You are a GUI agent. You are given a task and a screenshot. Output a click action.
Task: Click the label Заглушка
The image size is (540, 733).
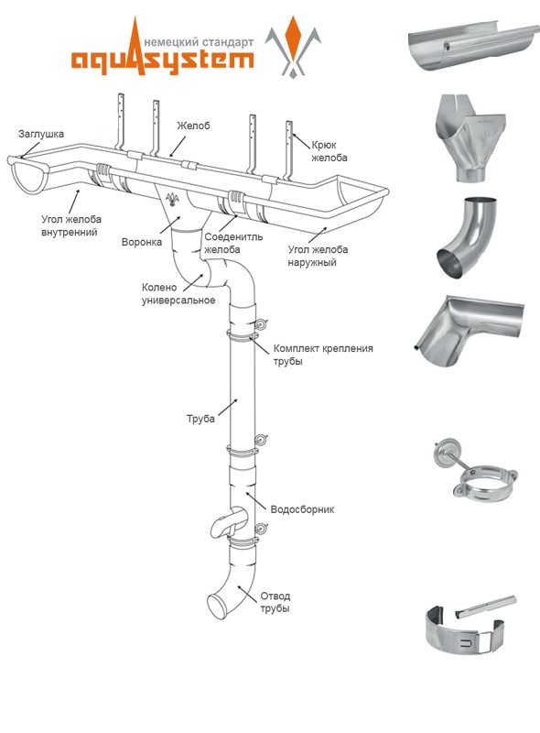point(41,134)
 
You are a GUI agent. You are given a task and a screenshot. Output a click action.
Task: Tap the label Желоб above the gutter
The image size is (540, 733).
point(193,126)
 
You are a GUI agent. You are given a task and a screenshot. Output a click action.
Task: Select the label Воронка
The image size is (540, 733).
point(142,242)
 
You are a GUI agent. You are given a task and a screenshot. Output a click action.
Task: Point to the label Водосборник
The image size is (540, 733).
point(302,509)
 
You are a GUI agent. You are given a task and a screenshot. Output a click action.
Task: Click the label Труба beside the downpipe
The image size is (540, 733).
point(200,419)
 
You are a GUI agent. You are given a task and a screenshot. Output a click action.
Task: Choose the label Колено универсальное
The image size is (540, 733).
point(178,293)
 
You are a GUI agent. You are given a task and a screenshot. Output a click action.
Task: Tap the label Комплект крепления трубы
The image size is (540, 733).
point(323,355)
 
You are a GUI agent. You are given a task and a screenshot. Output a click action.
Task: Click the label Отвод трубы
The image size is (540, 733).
point(275,602)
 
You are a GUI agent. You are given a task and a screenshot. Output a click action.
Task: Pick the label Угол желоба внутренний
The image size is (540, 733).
point(71,225)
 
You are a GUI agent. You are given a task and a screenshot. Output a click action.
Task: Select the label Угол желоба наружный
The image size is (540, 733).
point(318,256)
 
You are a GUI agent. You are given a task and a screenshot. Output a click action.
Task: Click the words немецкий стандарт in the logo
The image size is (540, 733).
point(200,42)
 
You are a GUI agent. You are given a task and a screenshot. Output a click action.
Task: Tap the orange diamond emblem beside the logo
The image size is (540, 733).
point(294,37)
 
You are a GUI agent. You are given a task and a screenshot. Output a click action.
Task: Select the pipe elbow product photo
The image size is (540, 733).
point(467,238)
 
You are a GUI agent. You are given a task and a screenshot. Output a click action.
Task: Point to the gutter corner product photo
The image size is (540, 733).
point(469,331)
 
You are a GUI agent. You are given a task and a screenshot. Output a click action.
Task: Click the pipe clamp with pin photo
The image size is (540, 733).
point(476,471)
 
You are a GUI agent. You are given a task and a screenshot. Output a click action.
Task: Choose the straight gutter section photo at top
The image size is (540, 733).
point(474,47)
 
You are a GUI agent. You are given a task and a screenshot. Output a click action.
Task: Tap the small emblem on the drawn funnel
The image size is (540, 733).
point(172,199)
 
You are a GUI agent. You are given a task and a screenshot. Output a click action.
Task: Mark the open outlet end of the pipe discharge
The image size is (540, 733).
point(217,607)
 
